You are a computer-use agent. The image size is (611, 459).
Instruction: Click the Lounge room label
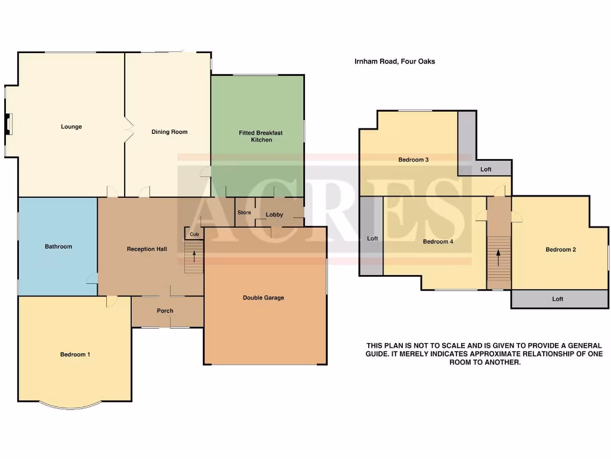(x=71, y=127)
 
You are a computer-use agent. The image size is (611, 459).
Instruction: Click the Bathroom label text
(x=58, y=246)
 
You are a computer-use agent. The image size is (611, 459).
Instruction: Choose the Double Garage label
(x=263, y=298)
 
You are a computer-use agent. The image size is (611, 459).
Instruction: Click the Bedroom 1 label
(x=75, y=354)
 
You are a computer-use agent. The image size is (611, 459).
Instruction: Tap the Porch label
(x=165, y=311)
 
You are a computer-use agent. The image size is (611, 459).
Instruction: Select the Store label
(x=244, y=213)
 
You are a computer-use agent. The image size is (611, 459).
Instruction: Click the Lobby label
(x=274, y=215)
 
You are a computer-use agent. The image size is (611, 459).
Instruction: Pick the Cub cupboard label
(x=194, y=234)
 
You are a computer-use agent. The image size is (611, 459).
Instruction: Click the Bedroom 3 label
(x=413, y=160)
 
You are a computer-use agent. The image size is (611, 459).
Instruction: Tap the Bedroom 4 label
(x=438, y=242)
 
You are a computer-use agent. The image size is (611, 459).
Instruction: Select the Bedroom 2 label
(x=560, y=250)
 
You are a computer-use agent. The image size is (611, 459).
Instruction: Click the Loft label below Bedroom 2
(x=557, y=299)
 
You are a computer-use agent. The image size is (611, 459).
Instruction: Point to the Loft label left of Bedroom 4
(x=372, y=238)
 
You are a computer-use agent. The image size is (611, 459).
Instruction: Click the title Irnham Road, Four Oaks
(x=394, y=61)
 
